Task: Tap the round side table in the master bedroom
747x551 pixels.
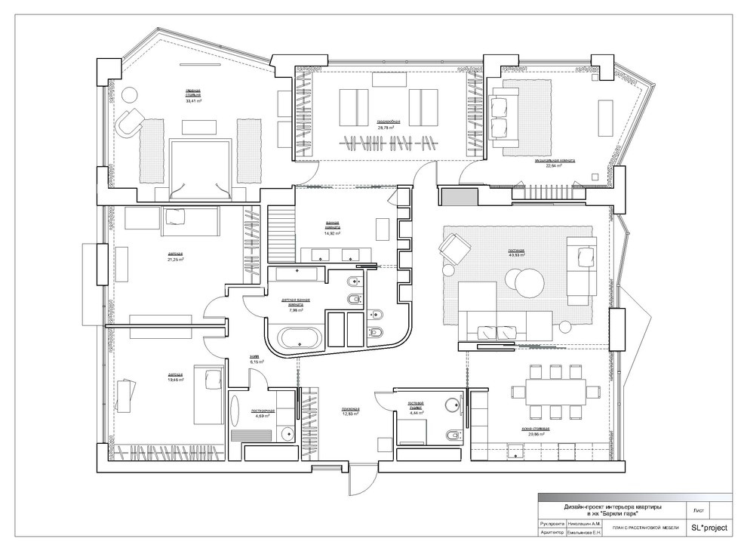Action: point(130,95)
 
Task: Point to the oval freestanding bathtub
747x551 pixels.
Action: point(301,337)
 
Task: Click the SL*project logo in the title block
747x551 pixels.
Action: point(709,528)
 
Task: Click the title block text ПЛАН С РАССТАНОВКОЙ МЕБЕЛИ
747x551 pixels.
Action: point(645,528)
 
